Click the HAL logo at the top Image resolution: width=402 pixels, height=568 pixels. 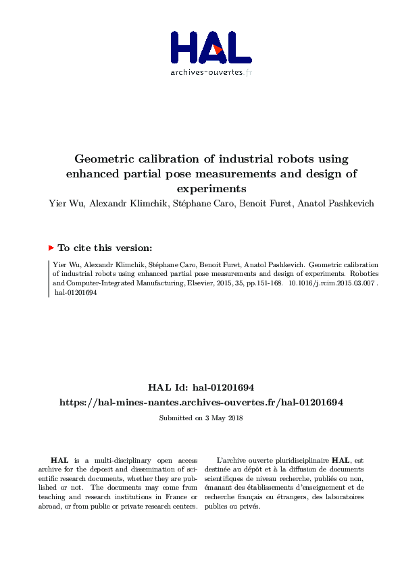click(211, 47)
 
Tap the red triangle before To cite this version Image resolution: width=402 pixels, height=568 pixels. click(51, 248)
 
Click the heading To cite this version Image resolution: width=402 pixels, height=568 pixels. click(105, 248)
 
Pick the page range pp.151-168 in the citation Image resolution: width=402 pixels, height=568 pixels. click(262, 285)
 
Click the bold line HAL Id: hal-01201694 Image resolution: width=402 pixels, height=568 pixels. click(201, 387)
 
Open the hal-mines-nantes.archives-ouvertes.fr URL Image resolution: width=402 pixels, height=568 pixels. click(201, 402)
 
